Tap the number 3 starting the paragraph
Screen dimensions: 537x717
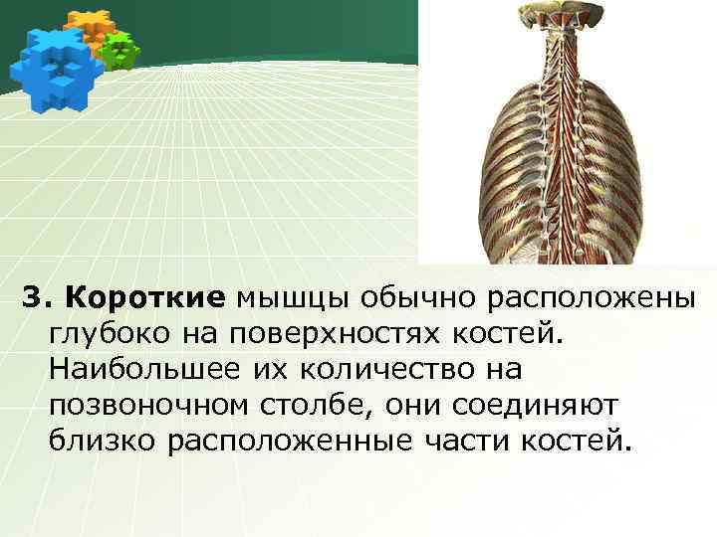(x=32, y=297)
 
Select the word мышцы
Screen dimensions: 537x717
(x=291, y=297)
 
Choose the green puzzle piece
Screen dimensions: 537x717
(x=120, y=49)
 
